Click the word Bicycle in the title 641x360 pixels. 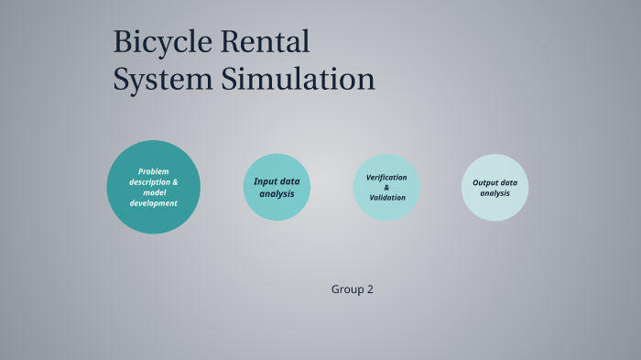pos(160,42)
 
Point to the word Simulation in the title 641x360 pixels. pos(298,80)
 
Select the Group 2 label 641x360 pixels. pos(352,289)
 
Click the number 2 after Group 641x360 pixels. pos(370,289)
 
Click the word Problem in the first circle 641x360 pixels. pos(154,171)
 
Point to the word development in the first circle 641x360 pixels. pos(154,203)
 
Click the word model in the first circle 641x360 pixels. pos(154,192)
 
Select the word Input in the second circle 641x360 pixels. pos(265,181)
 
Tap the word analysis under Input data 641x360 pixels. pos(277,193)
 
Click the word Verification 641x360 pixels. pos(386,177)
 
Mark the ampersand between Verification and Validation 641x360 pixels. pos(386,187)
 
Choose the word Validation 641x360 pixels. pos(387,198)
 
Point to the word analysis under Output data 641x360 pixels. pos(494,193)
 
